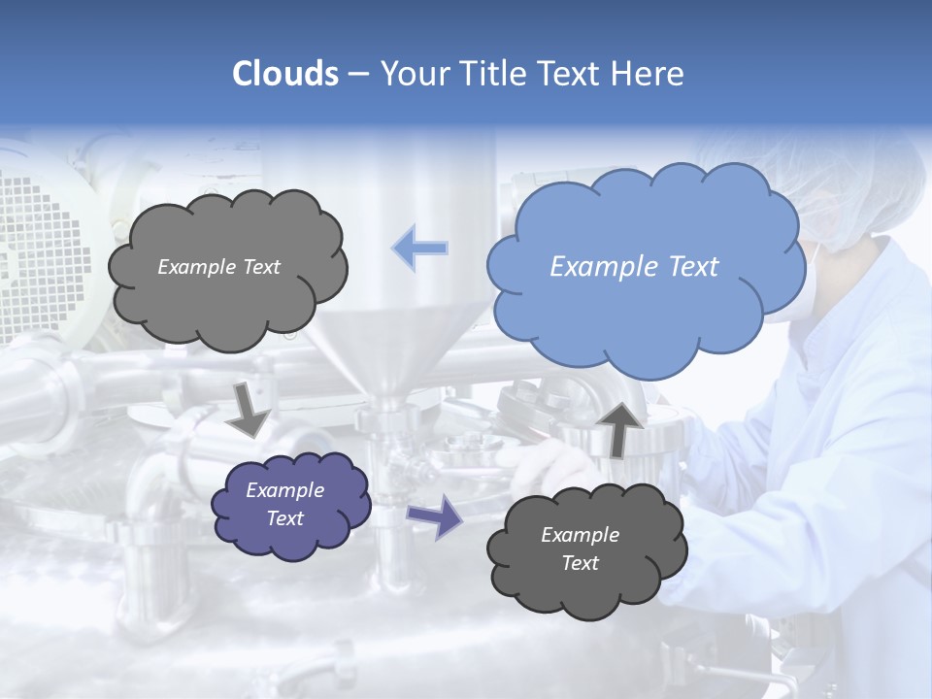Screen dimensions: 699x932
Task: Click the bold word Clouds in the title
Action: coord(284,74)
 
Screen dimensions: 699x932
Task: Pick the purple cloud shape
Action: coord(290,505)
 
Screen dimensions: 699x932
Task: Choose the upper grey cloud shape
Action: coord(227,266)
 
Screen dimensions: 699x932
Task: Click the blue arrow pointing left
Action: coord(420,250)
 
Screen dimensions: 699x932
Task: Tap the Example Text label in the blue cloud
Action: coord(634,267)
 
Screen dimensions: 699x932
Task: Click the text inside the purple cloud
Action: coord(285,505)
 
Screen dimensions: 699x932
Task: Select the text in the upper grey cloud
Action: coord(218,267)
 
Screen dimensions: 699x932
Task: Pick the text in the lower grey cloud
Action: coord(580,549)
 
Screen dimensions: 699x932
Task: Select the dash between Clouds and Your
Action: coord(358,74)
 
